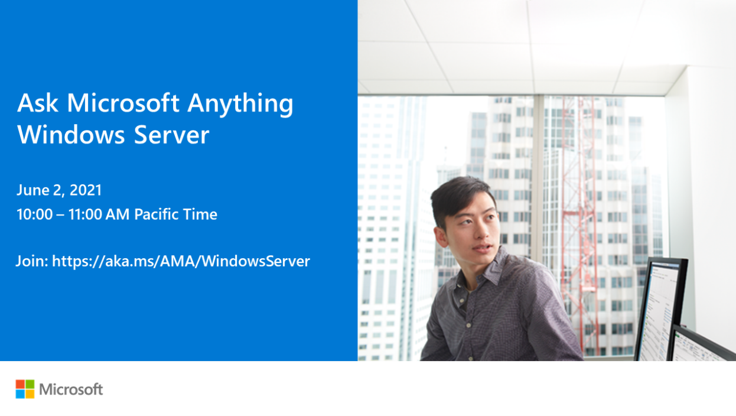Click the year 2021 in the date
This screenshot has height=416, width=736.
point(86,190)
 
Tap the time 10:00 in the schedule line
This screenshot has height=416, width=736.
point(34,214)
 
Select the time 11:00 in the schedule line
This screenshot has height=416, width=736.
point(86,214)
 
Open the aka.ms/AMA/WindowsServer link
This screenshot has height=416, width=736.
point(181,261)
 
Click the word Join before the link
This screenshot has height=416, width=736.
point(31,261)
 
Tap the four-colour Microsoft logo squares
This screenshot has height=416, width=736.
point(25,389)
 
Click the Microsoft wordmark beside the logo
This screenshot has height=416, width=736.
point(71,389)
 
